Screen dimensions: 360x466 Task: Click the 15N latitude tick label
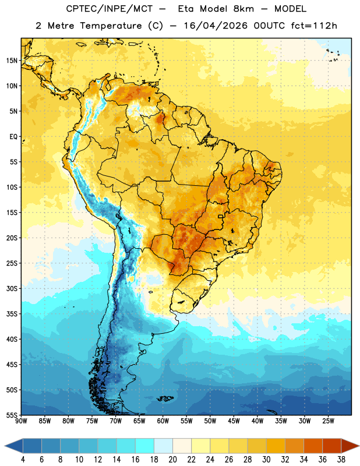[12, 61]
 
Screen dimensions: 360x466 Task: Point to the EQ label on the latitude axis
[13, 137]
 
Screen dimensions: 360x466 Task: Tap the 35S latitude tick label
[12, 314]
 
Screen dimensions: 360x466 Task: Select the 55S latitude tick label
[12, 415]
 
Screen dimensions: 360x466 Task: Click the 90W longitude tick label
[21, 421]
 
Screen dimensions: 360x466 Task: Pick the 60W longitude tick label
[163, 421]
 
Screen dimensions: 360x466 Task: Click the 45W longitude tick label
[234, 421]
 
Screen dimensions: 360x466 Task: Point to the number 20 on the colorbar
[172, 460]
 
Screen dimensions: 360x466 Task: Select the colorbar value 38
[341, 460]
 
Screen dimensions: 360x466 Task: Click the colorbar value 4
[23, 460]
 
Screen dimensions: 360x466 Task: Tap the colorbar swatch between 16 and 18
[145, 446]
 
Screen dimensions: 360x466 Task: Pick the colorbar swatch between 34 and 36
[313, 446]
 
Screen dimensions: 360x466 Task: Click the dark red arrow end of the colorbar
[350, 446]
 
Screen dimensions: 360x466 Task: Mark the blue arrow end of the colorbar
[14, 446]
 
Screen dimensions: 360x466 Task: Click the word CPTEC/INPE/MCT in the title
[110, 9]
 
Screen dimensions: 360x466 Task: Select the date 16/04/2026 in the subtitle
[216, 26]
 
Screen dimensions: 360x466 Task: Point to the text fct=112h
[314, 26]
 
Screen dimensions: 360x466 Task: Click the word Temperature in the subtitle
[111, 26]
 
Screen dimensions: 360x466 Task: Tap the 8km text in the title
[243, 9]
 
